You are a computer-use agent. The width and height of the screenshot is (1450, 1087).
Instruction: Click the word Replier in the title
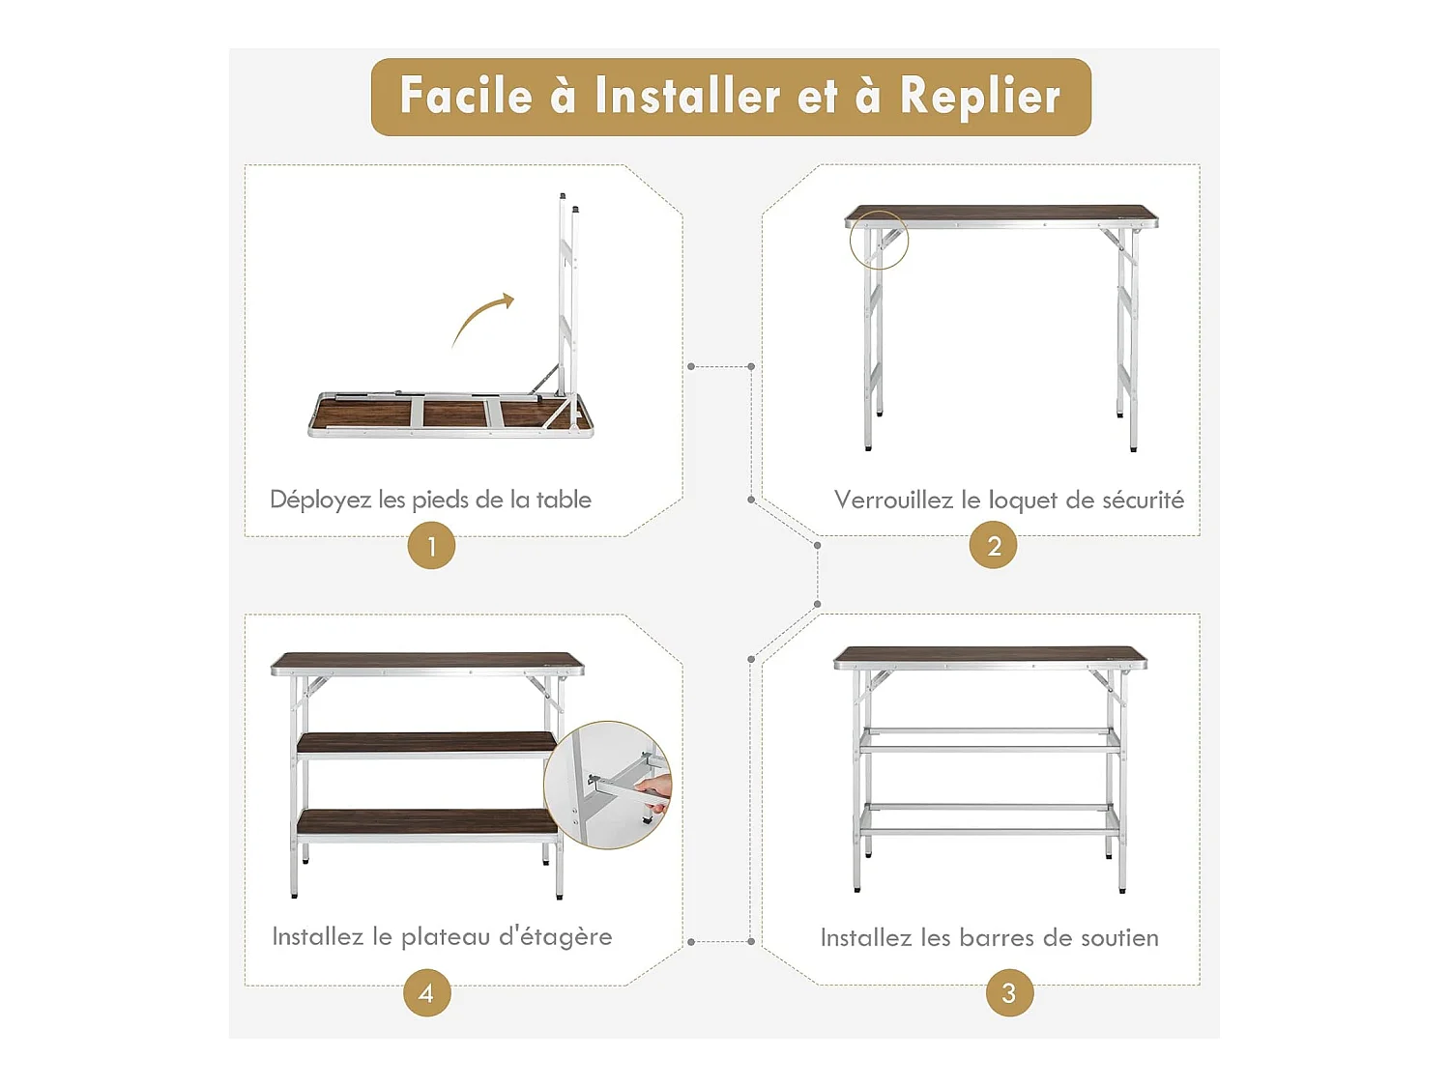979,97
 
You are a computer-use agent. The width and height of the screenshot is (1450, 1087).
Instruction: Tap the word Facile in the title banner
466,97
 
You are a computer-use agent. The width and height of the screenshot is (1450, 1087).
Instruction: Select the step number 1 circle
431,546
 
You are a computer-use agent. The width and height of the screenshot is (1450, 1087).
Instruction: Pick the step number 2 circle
993,546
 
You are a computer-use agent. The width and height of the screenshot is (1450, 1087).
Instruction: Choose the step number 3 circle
1009,993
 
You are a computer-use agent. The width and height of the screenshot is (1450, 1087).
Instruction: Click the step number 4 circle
426,993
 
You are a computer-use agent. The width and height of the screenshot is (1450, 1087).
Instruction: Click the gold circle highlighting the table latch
879,240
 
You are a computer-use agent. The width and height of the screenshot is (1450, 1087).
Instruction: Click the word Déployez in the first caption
320,501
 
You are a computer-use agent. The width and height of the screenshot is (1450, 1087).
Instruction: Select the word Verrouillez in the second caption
893,501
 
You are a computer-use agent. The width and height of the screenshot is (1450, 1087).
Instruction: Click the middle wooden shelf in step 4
426,743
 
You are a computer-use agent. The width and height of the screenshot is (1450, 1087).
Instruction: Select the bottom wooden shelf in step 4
426,821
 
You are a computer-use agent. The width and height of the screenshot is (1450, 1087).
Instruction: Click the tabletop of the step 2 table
1000,214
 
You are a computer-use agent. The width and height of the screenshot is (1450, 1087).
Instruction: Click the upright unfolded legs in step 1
566,300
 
